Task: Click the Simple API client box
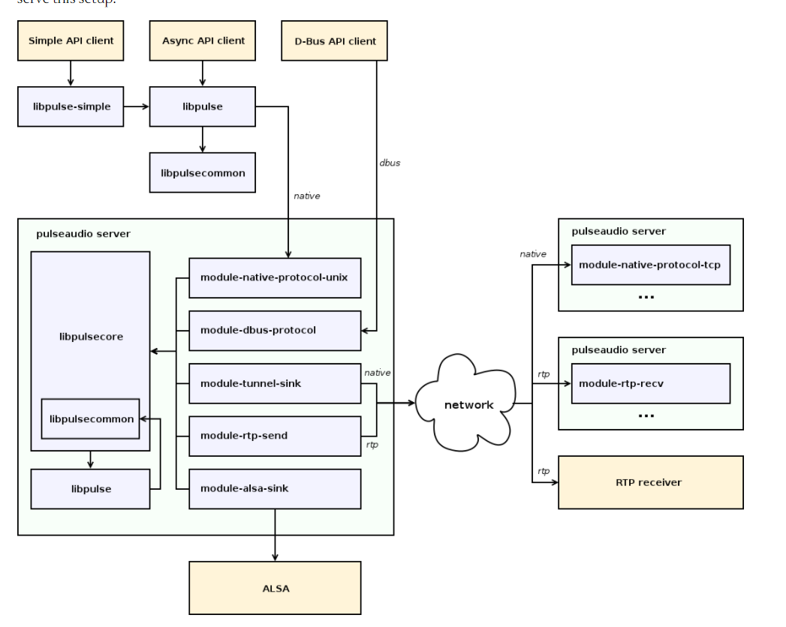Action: [71, 40]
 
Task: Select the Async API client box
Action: [203, 40]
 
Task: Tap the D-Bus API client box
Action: [334, 40]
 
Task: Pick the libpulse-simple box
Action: [71, 106]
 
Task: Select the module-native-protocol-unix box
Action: [275, 277]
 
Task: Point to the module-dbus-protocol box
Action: [275, 330]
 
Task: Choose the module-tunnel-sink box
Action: [275, 383]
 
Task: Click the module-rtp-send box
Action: [275, 436]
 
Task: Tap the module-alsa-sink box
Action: [275, 488]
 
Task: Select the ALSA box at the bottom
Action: [275, 588]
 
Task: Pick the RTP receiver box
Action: [650, 482]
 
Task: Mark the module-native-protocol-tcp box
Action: [650, 264]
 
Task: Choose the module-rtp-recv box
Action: [650, 383]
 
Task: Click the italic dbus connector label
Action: [389, 162]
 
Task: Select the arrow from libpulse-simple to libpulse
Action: [136, 106]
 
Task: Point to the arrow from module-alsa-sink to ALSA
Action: [275, 534]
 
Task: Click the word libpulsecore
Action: [91, 337]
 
